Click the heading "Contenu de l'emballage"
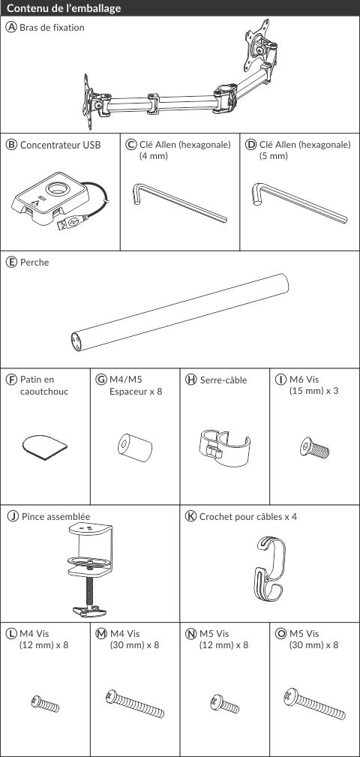pos(64,8)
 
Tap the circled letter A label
pos(10,28)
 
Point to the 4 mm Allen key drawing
pos(179,203)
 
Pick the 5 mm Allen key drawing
pos(299,203)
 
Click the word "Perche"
pos(34,263)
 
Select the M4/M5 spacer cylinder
pos(135,448)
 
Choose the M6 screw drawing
pos(315,447)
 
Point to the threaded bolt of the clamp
pos(90,590)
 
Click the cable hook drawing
pos(270,569)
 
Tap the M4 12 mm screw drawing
pos(45,704)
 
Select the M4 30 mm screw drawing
pos(135,704)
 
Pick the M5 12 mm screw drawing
pos(224,704)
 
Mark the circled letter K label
pos(191,517)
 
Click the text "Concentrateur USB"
pos(60,145)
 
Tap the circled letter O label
pos(280,633)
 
